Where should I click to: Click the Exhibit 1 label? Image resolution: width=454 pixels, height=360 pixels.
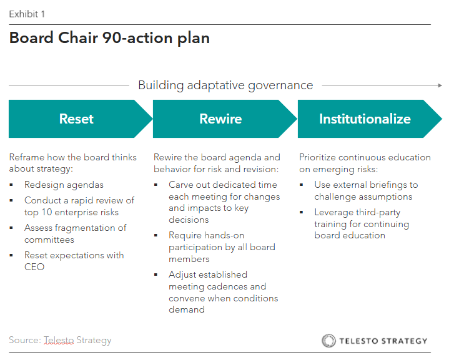27,14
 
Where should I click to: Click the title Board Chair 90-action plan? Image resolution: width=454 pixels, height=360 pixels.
109,39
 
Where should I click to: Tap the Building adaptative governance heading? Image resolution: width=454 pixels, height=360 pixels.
225,85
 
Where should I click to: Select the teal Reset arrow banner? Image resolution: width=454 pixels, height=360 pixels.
77,119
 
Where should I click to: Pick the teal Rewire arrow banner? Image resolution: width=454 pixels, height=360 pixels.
220,119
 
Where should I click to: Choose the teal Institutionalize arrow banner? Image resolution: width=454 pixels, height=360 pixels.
365,119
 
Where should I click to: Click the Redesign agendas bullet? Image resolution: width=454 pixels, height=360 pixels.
64,185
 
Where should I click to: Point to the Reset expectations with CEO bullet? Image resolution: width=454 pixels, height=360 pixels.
74,261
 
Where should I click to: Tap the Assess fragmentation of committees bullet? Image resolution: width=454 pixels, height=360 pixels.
75,233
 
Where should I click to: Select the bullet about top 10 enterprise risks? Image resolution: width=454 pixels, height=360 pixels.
79,206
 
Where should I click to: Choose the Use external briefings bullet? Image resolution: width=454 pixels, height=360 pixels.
366,190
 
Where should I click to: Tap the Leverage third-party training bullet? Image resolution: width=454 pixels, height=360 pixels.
362,224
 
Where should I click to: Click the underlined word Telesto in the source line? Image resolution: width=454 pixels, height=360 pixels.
59,340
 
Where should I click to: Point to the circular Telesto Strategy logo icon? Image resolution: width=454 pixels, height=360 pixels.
328,340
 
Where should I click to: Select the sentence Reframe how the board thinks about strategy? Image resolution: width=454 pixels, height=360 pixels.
72,163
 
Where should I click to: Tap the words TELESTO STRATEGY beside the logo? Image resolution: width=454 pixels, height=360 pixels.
383,341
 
